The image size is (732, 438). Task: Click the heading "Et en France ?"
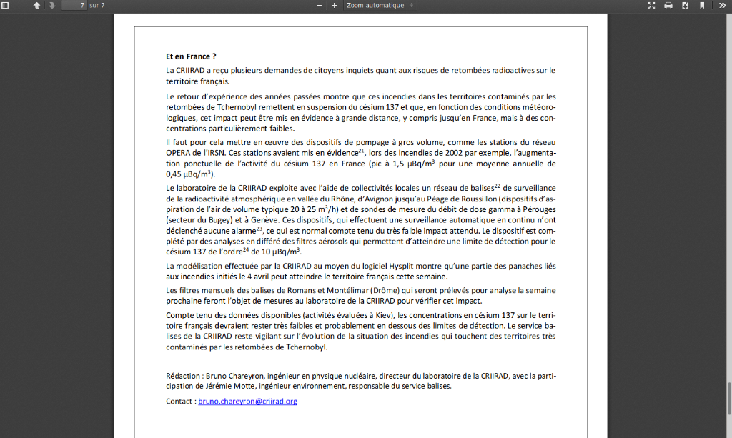tap(191, 56)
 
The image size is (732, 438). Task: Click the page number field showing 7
tap(74, 5)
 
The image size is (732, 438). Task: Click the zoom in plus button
tap(334, 6)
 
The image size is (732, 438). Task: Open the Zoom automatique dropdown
tap(380, 6)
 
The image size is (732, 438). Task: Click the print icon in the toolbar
tap(668, 6)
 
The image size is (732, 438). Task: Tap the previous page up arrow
tap(36, 6)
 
